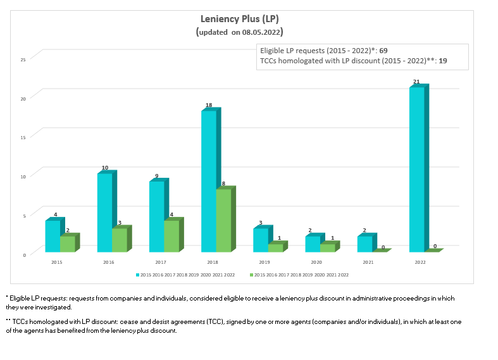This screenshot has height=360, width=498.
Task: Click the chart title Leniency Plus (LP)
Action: click(239, 19)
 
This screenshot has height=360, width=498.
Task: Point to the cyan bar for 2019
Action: click(260, 240)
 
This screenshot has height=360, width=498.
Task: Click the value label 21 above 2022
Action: click(416, 82)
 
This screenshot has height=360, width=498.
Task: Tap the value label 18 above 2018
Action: click(208, 105)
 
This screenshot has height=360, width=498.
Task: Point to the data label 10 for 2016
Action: click(104, 168)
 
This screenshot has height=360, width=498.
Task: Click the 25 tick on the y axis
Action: click(23, 59)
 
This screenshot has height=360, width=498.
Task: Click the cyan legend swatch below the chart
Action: click(137, 275)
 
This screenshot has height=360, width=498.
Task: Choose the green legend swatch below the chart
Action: click(251, 275)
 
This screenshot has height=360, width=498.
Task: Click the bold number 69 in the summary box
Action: click(383, 50)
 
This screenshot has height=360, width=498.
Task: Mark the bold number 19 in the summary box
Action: click(443, 61)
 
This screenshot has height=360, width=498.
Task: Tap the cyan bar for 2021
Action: click(364, 244)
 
